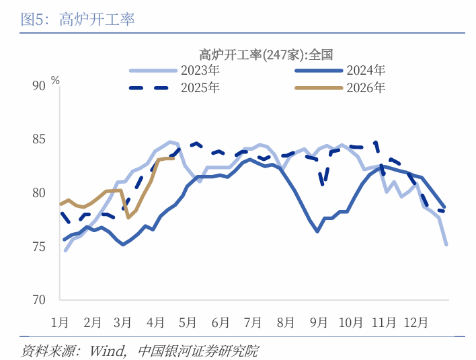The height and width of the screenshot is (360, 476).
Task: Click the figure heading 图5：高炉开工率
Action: pyautogui.click(x=78, y=20)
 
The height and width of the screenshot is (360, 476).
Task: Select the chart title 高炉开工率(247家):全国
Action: pyautogui.click(x=266, y=55)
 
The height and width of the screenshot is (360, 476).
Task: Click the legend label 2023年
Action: pyautogui.click(x=199, y=70)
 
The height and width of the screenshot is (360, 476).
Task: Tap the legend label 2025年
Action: pyautogui.click(x=199, y=87)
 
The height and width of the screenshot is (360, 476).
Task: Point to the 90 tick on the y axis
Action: pyautogui.click(x=38, y=85)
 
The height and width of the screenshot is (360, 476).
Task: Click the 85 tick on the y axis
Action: pyautogui.click(x=38, y=139)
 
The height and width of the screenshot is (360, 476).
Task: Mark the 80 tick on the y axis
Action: pyautogui.click(x=38, y=193)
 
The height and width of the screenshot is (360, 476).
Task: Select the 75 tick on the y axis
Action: pyautogui.click(x=38, y=247)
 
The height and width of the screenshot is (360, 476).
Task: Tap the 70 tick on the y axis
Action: pyautogui.click(x=38, y=300)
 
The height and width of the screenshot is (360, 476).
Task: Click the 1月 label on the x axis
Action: pyautogui.click(x=60, y=322)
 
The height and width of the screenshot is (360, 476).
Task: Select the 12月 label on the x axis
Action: pyautogui.click(x=415, y=322)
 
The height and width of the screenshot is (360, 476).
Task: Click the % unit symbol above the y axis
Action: pyautogui.click(x=55, y=80)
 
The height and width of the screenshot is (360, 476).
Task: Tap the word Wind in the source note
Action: pyautogui.click(x=106, y=351)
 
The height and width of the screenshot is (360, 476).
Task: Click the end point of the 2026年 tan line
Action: pyautogui.click(x=173, y=158)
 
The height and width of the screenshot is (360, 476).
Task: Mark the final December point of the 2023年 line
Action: pyautogui.click(x=446, y=245)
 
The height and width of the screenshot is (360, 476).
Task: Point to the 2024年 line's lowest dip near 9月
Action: pyautogui.click(x=317, y=231)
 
